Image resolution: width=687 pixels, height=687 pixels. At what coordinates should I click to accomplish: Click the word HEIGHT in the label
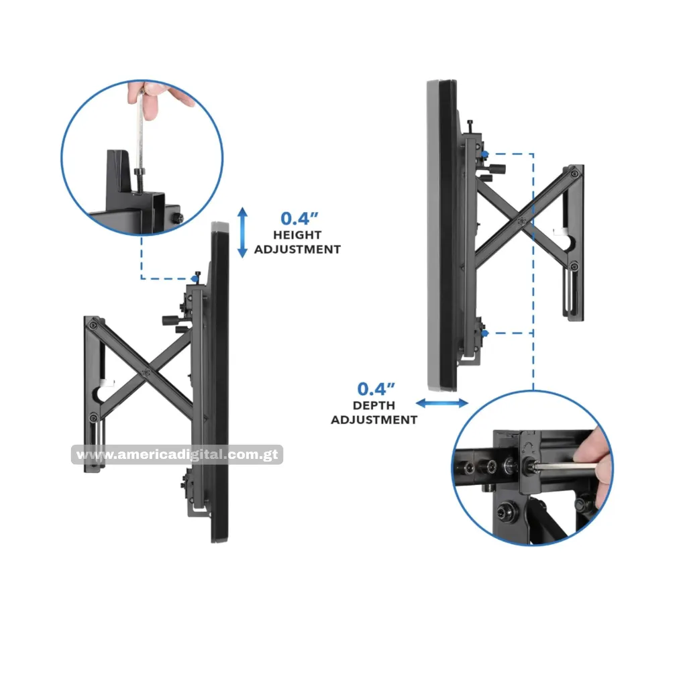(297, 235)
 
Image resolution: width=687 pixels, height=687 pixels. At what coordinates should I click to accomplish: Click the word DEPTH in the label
(374, 405)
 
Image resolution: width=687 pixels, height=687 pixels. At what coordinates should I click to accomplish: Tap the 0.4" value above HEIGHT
(299, 218)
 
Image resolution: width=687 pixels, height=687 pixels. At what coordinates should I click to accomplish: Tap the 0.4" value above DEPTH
(376, 388)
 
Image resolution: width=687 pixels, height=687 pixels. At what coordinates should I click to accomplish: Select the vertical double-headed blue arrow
(242, 232)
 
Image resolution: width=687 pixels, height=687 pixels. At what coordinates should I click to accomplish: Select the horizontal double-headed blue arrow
(441, 403)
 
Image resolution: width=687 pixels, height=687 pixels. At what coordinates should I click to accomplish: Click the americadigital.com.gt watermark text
(177, 454)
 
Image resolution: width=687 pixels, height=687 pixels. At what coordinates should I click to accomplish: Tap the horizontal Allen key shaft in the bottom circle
(565, 467)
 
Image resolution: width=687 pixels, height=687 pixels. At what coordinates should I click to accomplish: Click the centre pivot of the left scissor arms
(146, 373)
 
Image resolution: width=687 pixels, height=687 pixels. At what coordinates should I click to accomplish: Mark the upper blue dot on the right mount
(484, 154)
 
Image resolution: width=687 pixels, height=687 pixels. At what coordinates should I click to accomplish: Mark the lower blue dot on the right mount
(484, 333)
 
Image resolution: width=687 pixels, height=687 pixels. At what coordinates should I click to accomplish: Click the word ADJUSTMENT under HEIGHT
(297, 250)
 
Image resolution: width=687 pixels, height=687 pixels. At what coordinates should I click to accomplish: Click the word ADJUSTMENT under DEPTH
(374, 420)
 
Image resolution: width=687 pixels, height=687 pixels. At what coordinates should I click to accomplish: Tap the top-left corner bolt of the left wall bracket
(93, 325)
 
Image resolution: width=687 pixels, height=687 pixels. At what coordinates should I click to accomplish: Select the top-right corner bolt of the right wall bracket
(575, 174)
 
